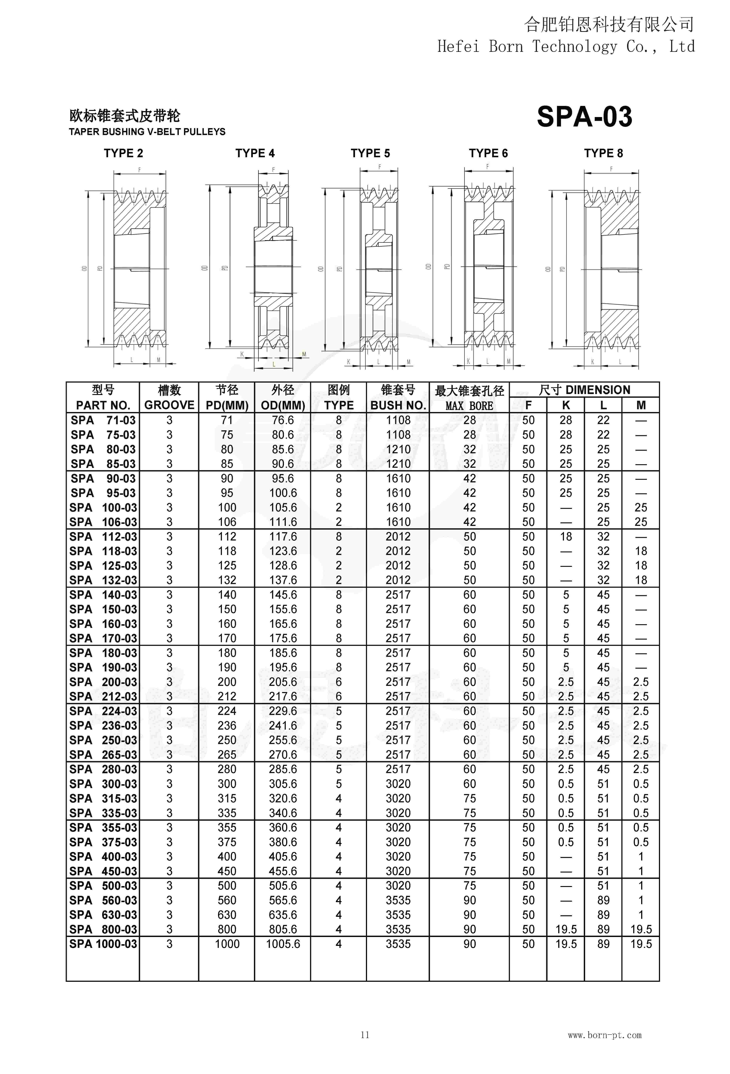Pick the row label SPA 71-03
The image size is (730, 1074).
[103, 420]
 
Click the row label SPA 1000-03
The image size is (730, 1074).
[103, 944]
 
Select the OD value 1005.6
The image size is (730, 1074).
[283, 944]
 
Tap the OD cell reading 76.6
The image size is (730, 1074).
[283, 420]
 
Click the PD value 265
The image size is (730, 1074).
[227, 755]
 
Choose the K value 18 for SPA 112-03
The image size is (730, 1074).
[565, 537]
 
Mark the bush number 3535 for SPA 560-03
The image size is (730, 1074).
[398, 900]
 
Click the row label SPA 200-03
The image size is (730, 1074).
[103, 682]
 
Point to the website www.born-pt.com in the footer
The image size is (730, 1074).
[604, 1035]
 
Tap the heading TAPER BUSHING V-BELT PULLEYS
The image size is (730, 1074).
[147, 132]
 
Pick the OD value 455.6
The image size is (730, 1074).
[283, 871]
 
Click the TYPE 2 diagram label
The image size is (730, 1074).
[123, 153]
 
